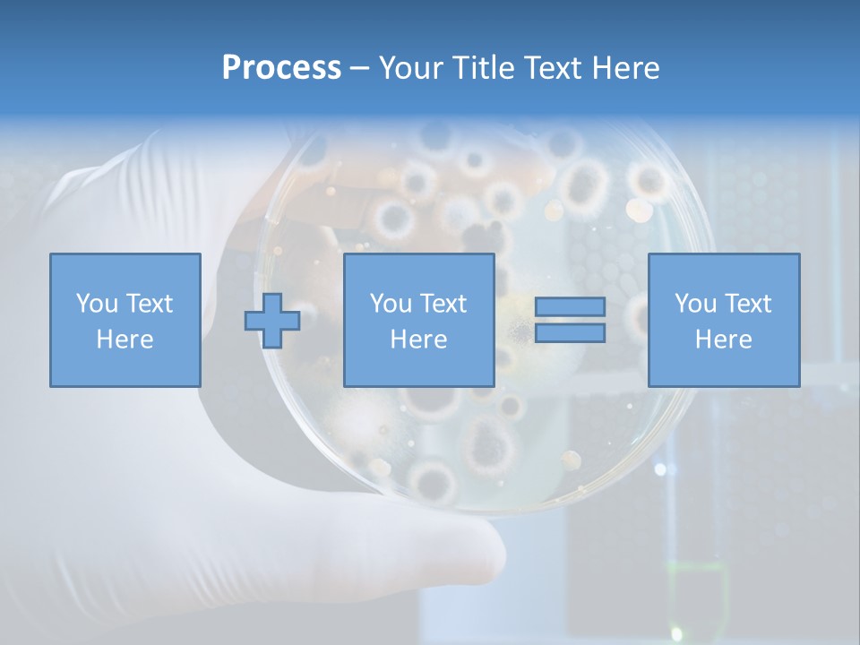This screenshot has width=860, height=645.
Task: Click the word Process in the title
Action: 281,68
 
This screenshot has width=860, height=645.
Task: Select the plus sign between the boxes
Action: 272,321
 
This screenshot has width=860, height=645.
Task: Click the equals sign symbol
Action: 570,320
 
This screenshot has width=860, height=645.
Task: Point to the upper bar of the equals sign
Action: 570,307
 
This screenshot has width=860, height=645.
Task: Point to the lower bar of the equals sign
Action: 570,332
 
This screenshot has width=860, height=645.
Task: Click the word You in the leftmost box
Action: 96,304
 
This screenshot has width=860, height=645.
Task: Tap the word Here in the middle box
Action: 418,340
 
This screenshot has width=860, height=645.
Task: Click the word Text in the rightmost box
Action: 747,304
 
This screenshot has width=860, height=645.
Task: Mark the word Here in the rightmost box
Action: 723,340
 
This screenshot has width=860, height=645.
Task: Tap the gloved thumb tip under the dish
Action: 475,546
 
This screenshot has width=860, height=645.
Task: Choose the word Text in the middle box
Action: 443,304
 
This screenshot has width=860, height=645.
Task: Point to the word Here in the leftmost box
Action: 125,340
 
